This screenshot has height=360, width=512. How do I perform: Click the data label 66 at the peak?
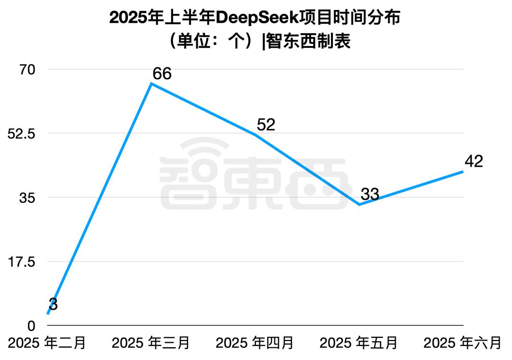(x=162, y=74)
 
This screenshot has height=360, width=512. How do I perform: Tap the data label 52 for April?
(x=265, y=125)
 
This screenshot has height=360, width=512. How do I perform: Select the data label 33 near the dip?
(x=370, y=194)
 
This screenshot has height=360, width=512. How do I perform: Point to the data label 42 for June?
(x=474, y=162)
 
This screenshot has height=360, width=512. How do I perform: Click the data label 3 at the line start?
(x=53, y=305)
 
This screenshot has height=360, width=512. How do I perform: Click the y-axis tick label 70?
(x=27, y=70)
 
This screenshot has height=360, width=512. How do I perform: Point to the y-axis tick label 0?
(x=31, y=325)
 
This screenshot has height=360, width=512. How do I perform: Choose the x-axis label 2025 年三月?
(x=151, y=342)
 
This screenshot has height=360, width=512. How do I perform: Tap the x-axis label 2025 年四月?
(x=255, y=342)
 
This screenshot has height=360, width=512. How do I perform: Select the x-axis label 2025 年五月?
(x=359, y=342)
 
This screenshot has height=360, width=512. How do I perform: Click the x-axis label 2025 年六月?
(x=462, y=342)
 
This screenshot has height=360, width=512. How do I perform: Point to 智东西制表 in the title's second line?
(x=309, y=42)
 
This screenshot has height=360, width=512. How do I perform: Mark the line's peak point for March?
(x=151, y=84)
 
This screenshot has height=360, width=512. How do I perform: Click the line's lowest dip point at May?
(x=359, y=205)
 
